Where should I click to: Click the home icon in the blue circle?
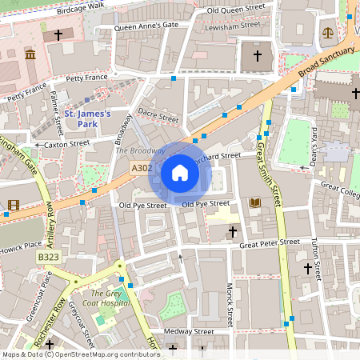[180, 173]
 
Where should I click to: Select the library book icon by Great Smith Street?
[255, 204]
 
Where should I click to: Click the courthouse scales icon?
[328, 34]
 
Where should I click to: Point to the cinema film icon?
[13, 206]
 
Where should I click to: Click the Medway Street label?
[188, 331]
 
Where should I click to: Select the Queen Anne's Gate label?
[146, 26]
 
